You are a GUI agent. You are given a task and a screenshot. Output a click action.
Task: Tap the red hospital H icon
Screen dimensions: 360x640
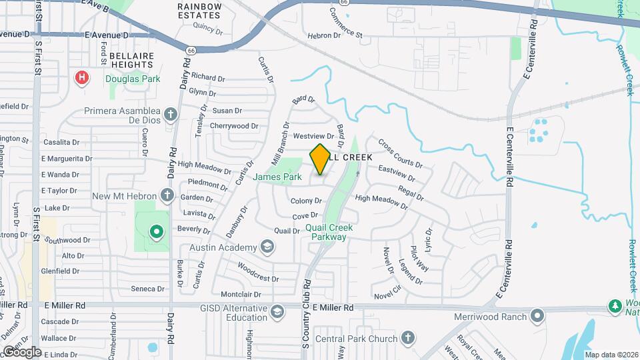(x=82, y=78)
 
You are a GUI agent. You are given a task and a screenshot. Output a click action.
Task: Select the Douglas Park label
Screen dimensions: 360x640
(x=133, y=79)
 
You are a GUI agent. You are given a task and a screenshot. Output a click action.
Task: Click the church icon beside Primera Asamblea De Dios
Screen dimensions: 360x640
(x=170, y=113)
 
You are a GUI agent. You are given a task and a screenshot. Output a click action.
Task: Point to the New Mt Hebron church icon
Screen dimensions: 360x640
(x=167, y=196)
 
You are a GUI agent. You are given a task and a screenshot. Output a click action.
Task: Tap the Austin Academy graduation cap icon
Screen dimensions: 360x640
(x=267, y=248)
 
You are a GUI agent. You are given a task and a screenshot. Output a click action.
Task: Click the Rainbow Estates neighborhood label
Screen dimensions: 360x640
(x=199, y=10)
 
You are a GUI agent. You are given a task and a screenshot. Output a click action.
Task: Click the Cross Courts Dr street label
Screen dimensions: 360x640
(x=400, y=153)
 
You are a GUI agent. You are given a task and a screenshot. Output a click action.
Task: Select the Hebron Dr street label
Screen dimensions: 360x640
(x=324, y=36)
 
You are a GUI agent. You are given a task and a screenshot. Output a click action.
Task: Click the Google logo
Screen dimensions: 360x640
(x=22, y=351)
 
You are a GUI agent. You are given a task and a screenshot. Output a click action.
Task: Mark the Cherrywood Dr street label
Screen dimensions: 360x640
(x=233, y=125)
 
